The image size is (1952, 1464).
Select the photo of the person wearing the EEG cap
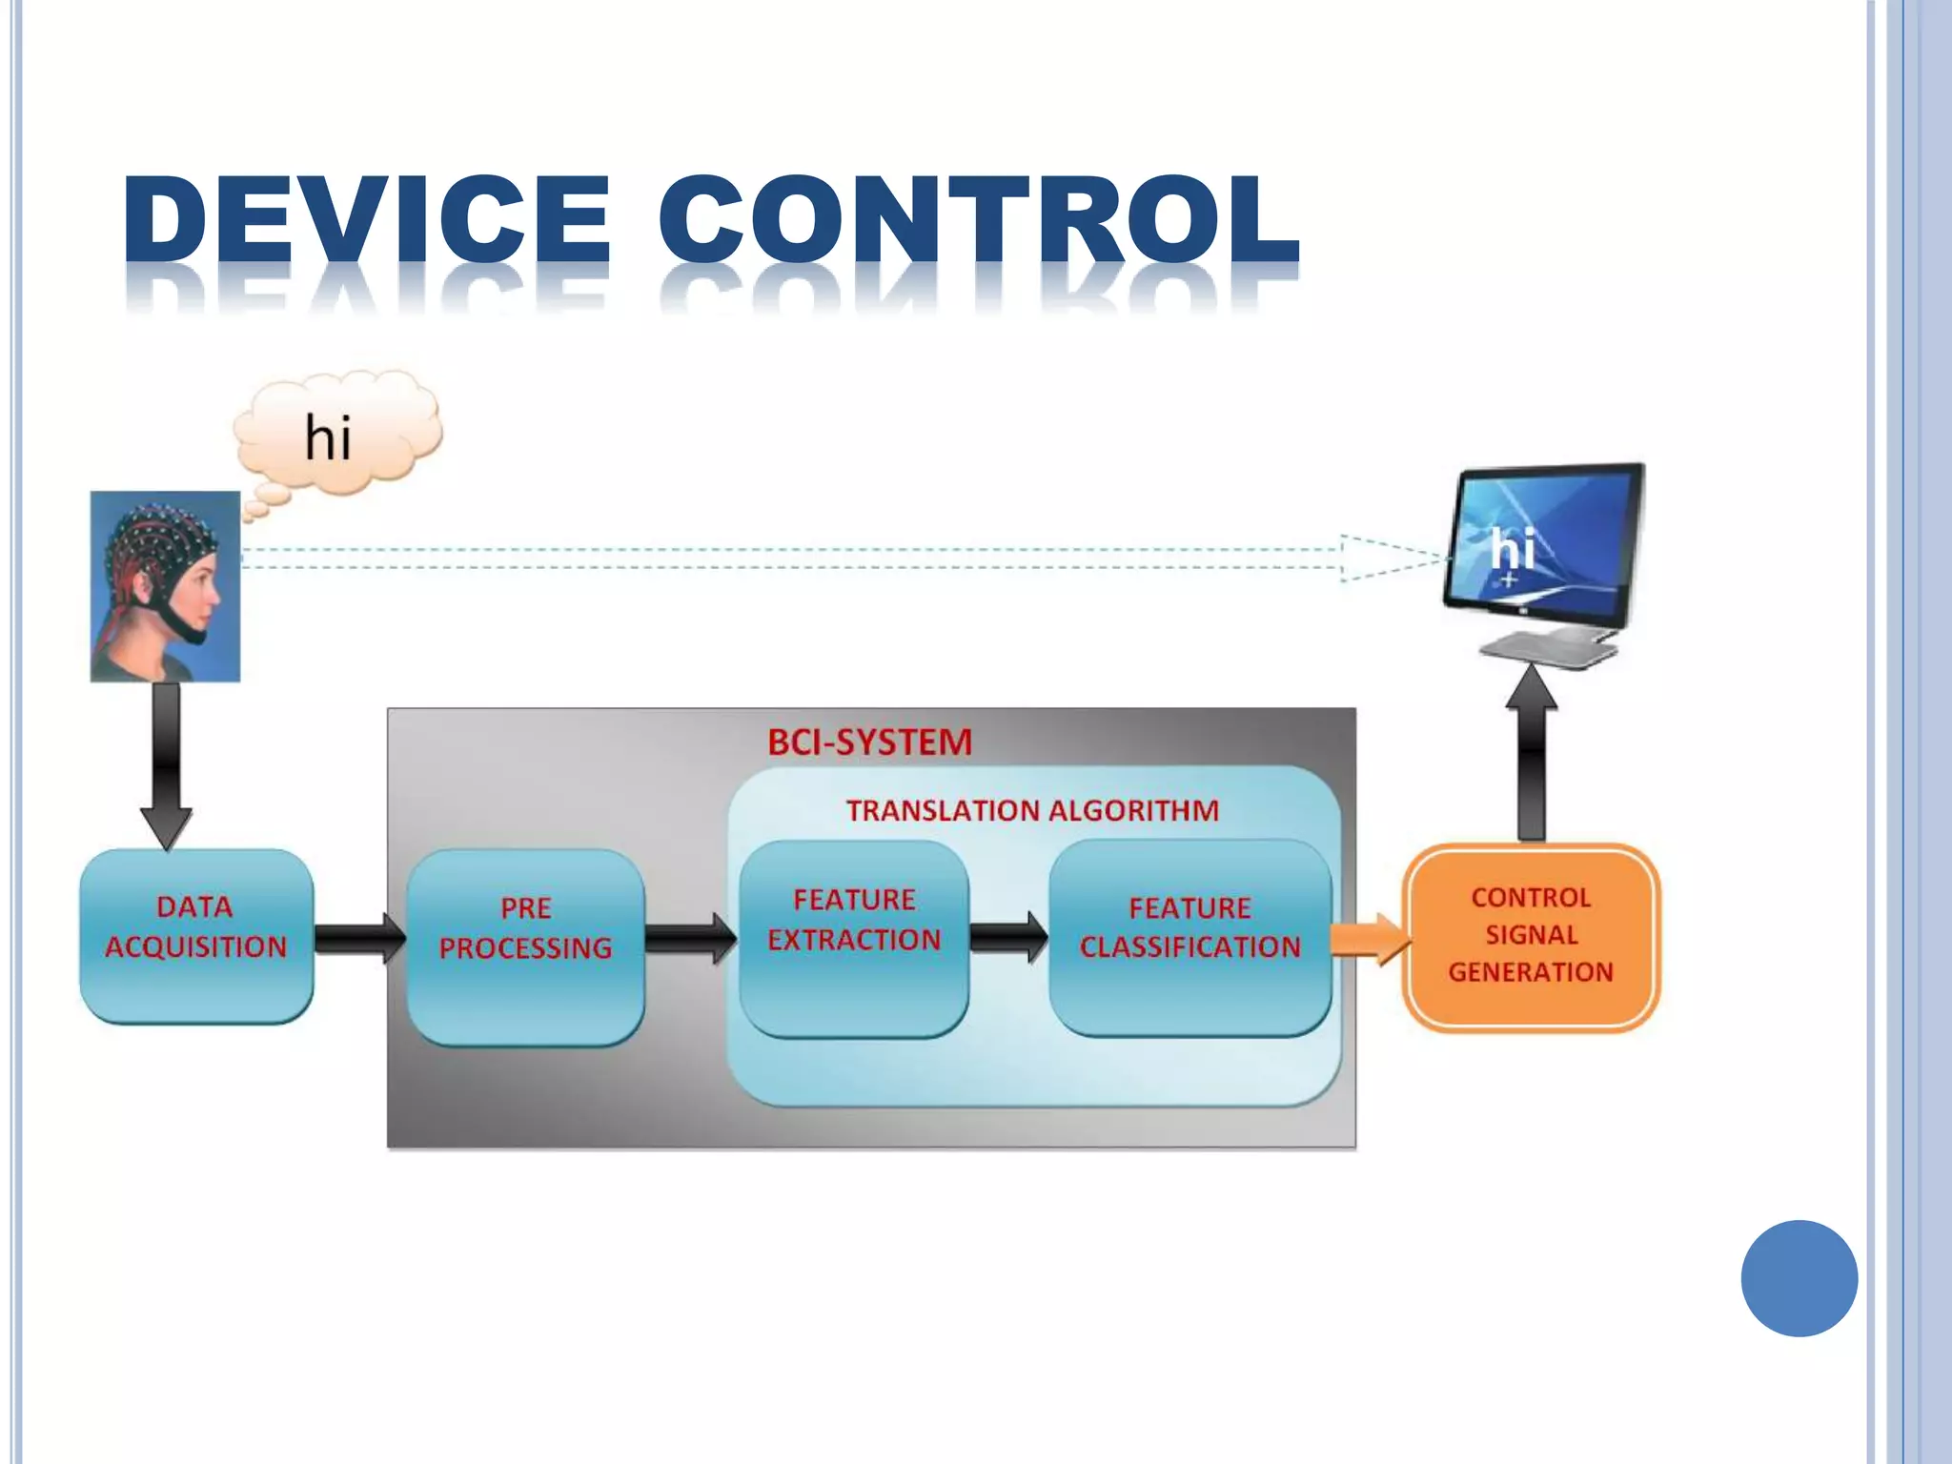click(165, 585)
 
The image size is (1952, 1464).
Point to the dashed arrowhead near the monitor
click(1392, 559)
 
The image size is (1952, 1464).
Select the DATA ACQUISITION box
click(196, 936)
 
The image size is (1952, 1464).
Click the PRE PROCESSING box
click(525, 947)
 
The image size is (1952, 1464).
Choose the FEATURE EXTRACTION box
click(854, 938)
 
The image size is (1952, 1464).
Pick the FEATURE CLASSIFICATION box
click(1189, 938)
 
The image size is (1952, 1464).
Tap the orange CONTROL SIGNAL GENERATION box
click(1531, 937)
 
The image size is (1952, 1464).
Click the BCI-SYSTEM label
click(869, 742)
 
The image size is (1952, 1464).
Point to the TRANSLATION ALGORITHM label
click(1032, 810)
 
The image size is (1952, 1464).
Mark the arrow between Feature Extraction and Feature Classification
click(1008, 937)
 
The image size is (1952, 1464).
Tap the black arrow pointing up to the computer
click(1531, 753)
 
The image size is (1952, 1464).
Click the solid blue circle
click(1799, 1278)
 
